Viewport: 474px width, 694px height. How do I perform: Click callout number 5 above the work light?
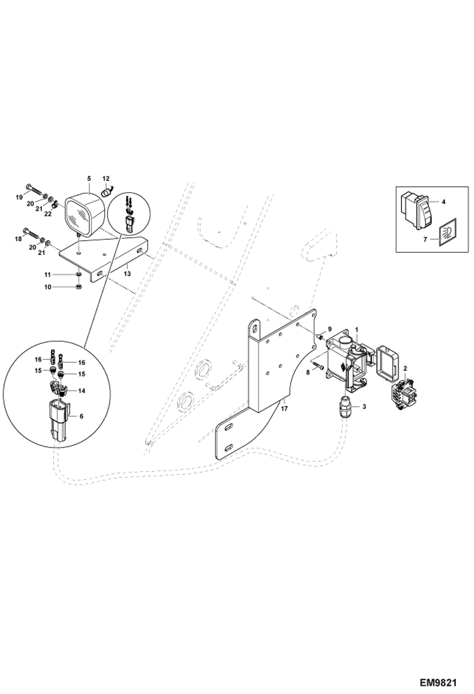coord(89,178)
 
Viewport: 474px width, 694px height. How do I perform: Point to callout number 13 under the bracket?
coord(127,274)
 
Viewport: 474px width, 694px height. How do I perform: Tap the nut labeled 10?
coord(79,287)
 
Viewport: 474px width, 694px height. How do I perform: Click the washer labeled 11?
coord(79,274)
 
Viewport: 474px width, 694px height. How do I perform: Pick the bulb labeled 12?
coord(107,191)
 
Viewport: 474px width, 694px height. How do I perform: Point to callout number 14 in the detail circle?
coord(82,391)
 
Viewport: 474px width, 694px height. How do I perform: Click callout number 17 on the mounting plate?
coord(284,409)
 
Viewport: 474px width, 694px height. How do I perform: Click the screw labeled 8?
coord(318,365)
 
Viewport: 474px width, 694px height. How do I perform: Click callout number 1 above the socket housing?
coord(357,329)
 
